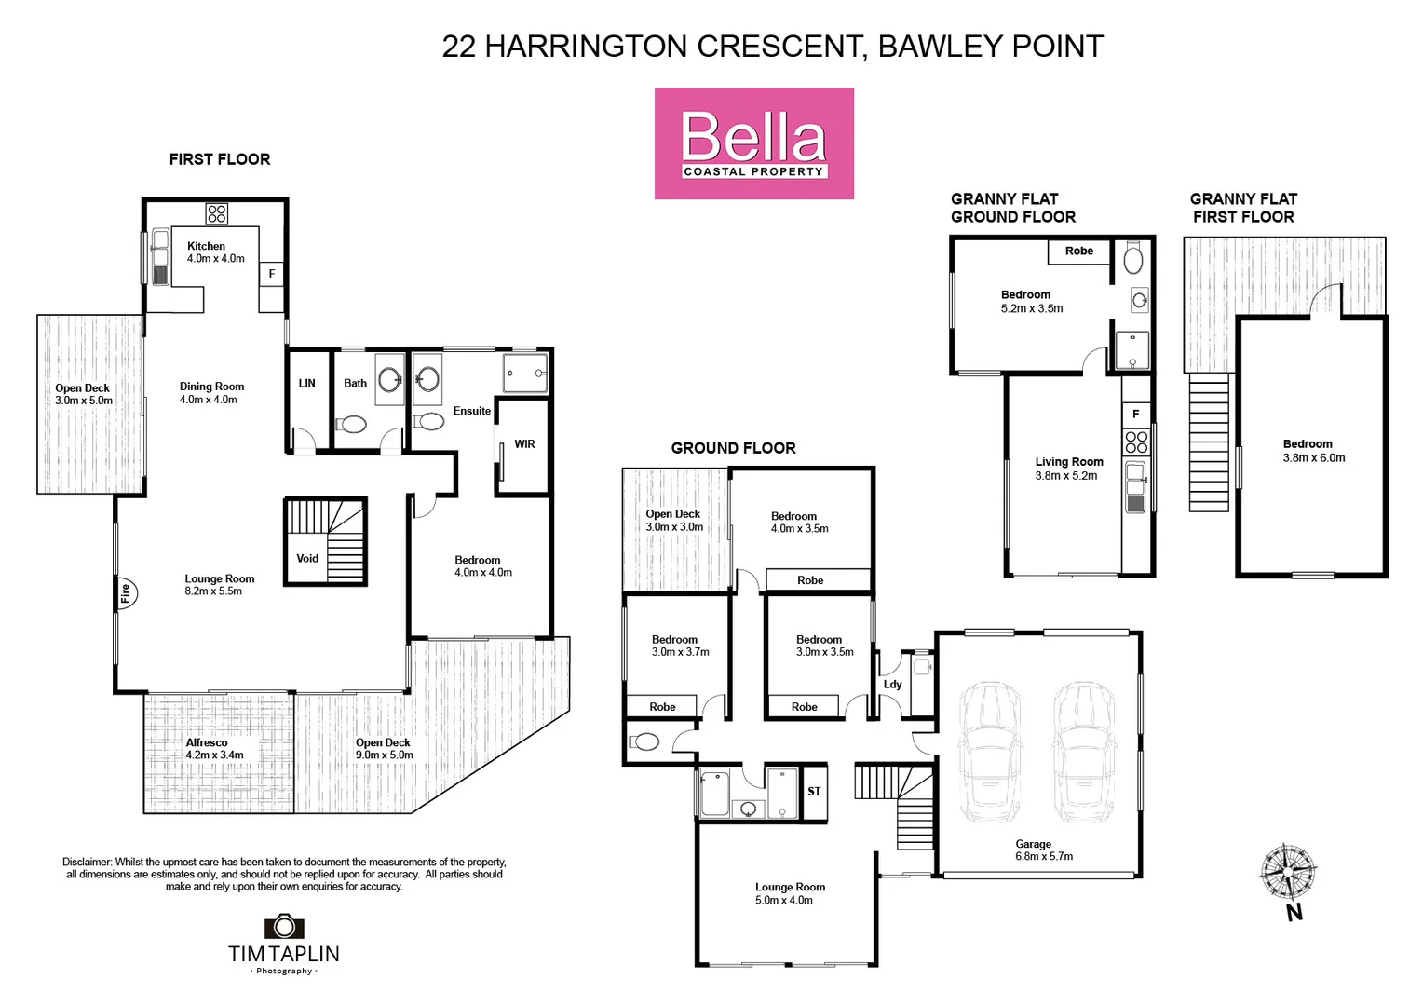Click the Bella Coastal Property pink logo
coord(753,143)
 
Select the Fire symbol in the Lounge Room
coord(126,592)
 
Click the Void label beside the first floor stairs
coord(307,559)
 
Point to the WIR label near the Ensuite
coord(524,444)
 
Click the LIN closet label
coord(307,383)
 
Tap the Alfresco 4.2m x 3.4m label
coord(213,749)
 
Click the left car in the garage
coord(990,753)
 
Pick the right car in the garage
coord(1085,753)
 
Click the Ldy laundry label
coord(892,684)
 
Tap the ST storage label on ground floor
coord(814,792)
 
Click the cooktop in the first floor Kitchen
coord(217,214)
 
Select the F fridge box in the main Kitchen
coord(272,274)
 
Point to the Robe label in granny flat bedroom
coord(1079,251)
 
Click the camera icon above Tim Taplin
coord(284,926)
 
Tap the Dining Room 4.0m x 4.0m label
coord(211,393)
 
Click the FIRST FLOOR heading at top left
coord(220,159)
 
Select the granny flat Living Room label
coord(1068,469)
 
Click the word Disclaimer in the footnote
coord(88,863)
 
